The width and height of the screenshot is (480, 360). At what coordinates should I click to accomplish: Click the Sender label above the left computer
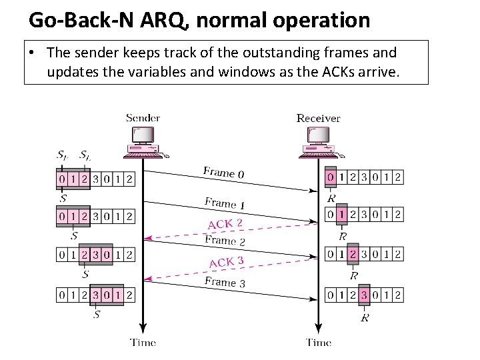(x=143, y=118)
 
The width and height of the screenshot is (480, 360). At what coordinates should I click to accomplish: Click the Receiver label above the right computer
(x=318, y=118)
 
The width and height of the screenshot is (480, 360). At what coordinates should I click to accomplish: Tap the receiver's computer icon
(x=319, y=142)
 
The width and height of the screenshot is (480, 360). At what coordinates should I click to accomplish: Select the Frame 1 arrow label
(x=225, y=203)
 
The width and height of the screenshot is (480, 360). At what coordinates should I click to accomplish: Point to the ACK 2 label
(x=225, y=224)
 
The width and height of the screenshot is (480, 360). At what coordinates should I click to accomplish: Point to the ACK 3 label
(x=227, y=262)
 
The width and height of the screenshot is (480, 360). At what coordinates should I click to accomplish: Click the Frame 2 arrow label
(x=225, y=240)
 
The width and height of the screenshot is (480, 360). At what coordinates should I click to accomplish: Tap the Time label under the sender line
(x=143, y=343)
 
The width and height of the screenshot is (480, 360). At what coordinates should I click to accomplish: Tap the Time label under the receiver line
(x=319, y=343)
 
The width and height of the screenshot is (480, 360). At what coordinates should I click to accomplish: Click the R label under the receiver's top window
(x=331, y=197)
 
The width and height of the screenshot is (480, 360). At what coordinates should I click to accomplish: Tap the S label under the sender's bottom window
(x=97, y=313)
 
